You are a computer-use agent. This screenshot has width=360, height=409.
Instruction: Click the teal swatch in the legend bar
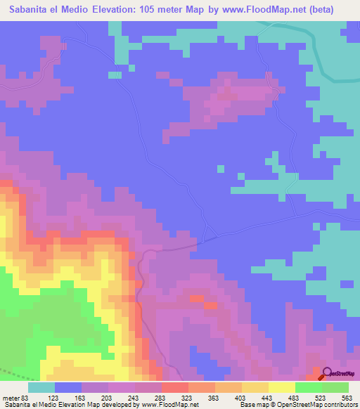coord(41,387)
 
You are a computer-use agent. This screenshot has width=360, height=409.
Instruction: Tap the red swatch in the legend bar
coord(175,387)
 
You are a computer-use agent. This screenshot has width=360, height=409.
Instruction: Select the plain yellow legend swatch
coord(282,387)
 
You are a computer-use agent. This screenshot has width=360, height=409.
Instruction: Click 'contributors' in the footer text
coord(338,405)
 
